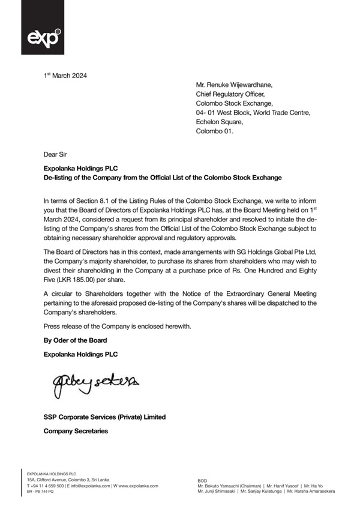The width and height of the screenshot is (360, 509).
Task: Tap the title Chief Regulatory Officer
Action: click(230, 94)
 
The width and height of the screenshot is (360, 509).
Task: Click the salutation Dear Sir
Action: click(55, 155)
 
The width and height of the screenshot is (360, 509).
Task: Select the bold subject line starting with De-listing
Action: click(162, 178)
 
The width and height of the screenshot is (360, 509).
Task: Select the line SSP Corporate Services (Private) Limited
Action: click(104, 417)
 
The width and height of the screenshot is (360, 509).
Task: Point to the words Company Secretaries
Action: click(75, 431)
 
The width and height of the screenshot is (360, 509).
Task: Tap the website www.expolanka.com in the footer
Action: click(136, 485)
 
